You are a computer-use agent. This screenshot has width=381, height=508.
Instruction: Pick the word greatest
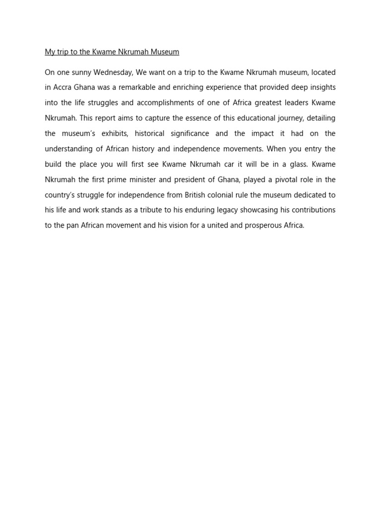[x=274, y=103]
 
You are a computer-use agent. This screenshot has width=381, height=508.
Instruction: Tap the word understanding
[x=69, y=149]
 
